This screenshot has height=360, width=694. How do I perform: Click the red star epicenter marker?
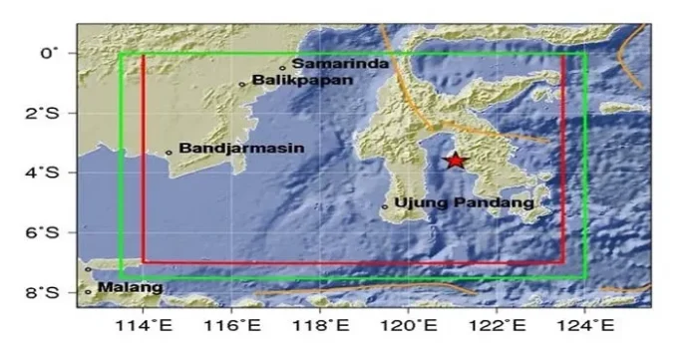coord(456,160)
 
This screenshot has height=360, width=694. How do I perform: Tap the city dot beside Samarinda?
coord(283,68)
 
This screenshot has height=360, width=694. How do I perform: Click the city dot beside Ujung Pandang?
coord(385,206)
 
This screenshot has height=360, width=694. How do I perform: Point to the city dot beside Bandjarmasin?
coord(170,152)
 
